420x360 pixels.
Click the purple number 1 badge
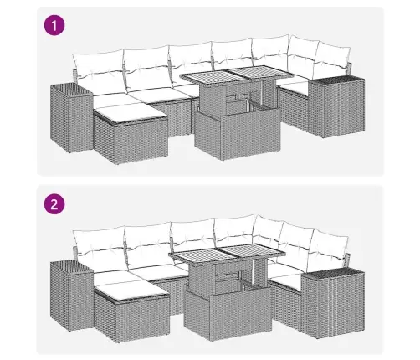54,25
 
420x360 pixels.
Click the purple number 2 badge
54,204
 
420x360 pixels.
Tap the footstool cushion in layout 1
130,112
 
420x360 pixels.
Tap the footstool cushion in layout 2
131,291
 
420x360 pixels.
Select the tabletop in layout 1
237,74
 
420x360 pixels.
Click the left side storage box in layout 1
71,118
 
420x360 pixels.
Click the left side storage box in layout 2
71,296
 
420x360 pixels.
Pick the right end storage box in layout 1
336,106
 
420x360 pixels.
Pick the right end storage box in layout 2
333,302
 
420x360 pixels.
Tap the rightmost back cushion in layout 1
333,59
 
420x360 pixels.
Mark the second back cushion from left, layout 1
147,69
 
